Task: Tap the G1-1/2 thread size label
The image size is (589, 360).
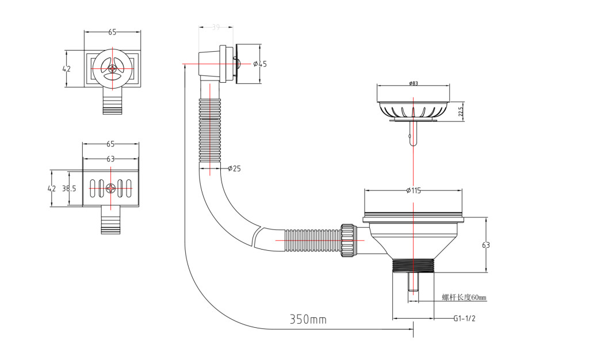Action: point(464,318)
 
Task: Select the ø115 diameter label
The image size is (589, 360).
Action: point(413,190)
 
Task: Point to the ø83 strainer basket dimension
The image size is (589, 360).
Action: point(413,83)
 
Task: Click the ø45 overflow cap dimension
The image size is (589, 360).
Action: point(260,63)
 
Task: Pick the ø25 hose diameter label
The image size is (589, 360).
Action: point(234,168)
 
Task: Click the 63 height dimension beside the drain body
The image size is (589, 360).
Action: point(486,245)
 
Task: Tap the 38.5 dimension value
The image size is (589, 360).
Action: point(69,188)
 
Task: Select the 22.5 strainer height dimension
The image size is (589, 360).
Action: point(461,111)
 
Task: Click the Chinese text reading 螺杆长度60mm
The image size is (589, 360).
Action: point(464,297)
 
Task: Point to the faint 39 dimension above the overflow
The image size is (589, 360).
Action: point(216,27)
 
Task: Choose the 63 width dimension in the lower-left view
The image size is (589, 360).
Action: point(110,159)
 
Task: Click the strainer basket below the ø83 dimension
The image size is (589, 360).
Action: point(412,110)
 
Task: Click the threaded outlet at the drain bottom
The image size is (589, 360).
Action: point(412,265)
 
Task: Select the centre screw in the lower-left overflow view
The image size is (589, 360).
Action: point(111,187)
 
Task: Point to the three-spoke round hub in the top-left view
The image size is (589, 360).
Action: point(112,68)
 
